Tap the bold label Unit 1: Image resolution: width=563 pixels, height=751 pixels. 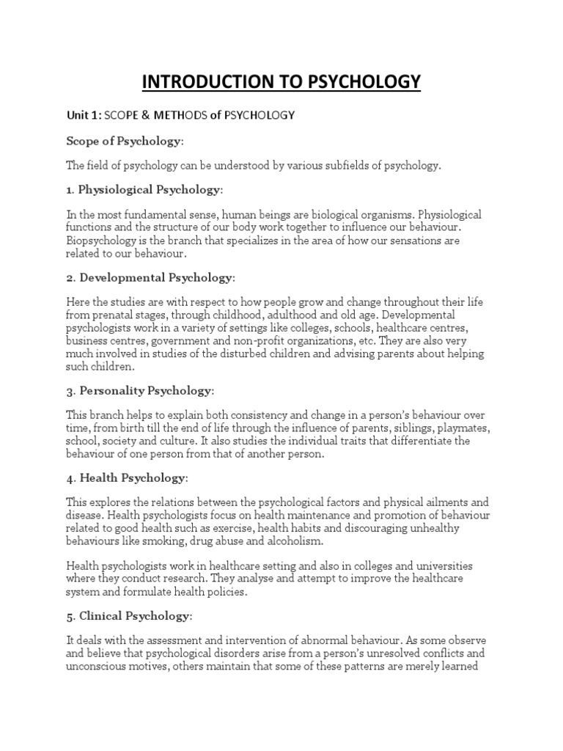click(83, 115)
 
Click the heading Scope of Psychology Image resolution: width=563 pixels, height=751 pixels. click(123, 140)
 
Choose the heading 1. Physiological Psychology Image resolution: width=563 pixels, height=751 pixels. click(143, 190)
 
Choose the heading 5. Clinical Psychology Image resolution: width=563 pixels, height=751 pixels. click(129, 616)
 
